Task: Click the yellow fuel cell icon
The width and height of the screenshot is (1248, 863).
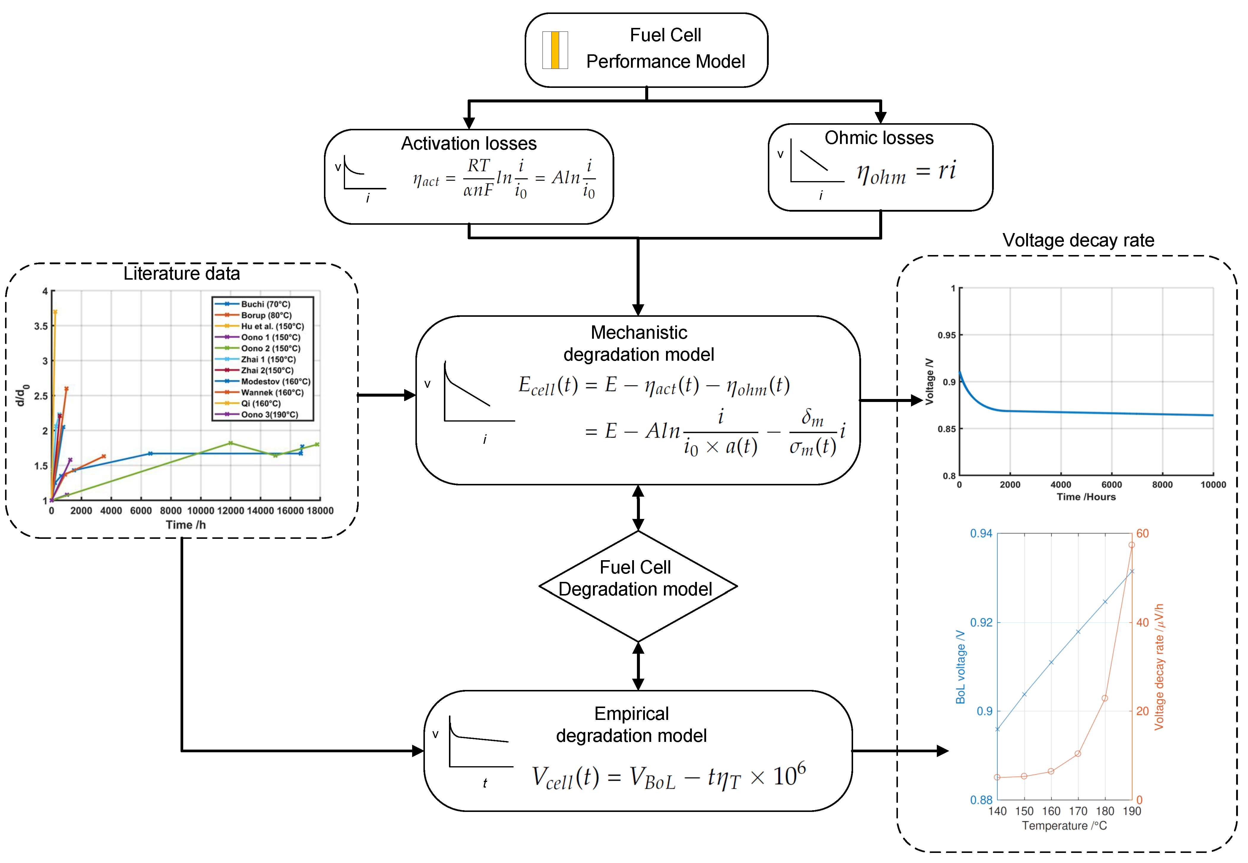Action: [x=555, y=50]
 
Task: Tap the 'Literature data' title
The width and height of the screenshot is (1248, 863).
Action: [x=182, y=274]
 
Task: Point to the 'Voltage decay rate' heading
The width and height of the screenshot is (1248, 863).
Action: [x=1078, y=240]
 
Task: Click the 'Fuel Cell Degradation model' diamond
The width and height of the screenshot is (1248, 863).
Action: [x=638, y=586]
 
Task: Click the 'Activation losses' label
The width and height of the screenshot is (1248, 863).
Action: [x=469, y=143]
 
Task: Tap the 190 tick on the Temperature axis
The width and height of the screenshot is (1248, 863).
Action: [x=1132, y=811]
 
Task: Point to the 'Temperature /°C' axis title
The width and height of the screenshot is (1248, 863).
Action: [x=1064, y=826]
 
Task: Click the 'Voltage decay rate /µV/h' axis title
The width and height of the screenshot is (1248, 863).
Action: [x=1159, y=667]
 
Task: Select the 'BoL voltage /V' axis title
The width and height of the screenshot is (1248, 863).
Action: [x=960, y=667]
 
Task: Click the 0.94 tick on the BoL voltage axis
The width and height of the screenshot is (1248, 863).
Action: [x=981, y=534]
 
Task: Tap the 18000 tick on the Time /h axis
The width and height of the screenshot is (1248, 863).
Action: [x=320, y=510]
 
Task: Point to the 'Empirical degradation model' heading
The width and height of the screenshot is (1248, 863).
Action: [x=632, y=725]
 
